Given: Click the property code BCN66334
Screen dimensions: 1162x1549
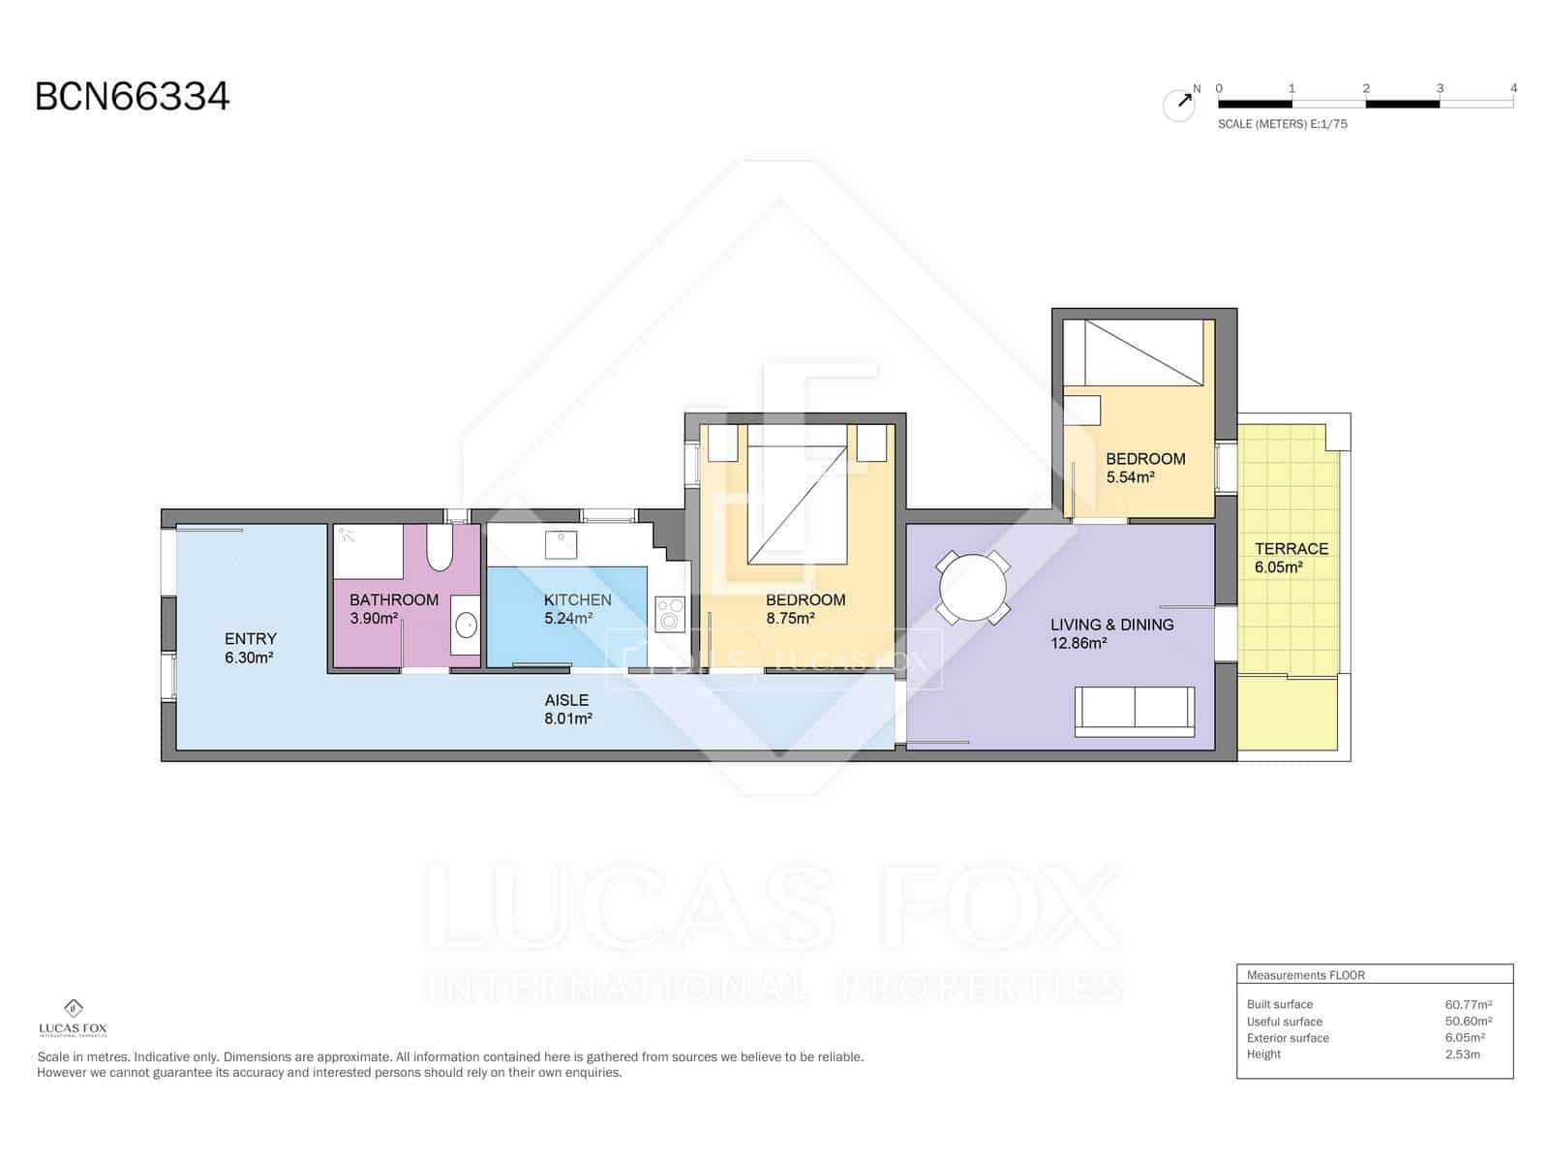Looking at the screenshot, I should [x=133, y=97].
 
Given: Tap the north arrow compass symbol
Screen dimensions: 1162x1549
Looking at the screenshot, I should [x=1179, y=104].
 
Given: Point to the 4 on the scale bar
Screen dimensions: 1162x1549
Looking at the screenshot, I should [x=1513, y=88].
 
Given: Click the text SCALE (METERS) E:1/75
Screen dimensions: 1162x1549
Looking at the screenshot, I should [x=1282, y=124].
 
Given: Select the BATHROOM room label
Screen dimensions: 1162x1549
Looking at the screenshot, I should [x=394, y=599].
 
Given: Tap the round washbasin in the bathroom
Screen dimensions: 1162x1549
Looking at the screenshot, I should [x=466, y=626].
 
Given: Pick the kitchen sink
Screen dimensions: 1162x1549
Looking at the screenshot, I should [x=562, y=544].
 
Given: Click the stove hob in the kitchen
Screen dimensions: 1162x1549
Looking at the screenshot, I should [x=670, y=612].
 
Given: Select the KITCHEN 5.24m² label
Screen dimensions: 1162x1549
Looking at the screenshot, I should [x=577, y=608].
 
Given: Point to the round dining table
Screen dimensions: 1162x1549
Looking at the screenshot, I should [x=973, y=588].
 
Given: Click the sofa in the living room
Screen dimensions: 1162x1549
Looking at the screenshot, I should [x=1134, y=710].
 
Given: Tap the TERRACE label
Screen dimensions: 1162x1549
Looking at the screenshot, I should [x=1291, y=549].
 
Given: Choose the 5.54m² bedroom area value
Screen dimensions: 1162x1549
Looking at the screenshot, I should [x=1131, y=477].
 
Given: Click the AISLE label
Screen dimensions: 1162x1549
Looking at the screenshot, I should [x=566, y=700].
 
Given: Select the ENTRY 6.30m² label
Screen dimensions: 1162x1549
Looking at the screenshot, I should [x=250, y=648].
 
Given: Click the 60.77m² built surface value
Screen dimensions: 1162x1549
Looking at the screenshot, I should [x=1468, y=1004].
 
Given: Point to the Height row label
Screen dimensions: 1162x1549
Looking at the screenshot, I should [x=1263, y=1054].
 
